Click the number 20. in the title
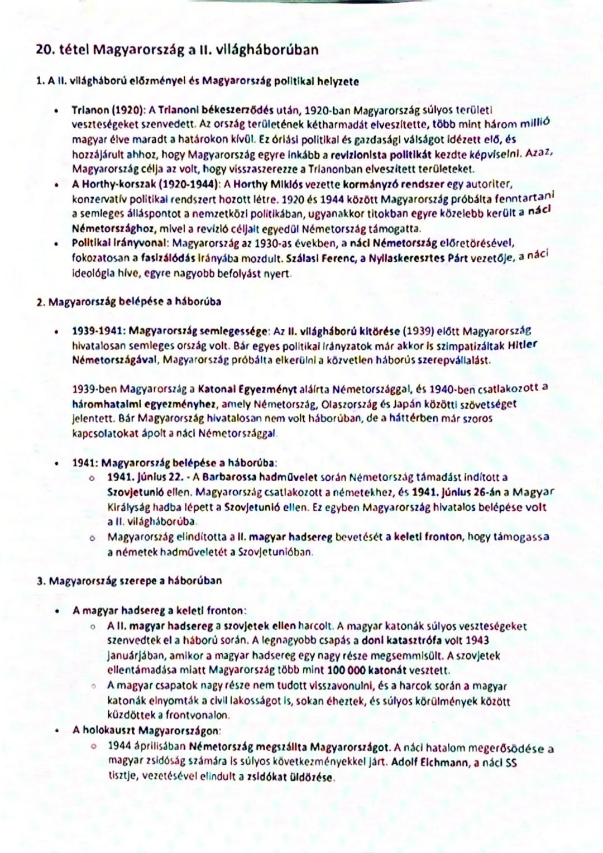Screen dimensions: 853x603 (46, 50)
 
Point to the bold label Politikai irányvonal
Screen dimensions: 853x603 (120, 243)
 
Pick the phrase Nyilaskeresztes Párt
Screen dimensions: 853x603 (415, 258)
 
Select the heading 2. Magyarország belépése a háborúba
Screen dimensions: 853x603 (129, 302)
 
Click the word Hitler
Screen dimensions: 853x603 (523, 345)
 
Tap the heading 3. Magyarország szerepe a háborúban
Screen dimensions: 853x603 (130, 581)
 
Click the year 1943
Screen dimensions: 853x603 (477, 641)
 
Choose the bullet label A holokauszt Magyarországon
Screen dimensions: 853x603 (146, 730)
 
